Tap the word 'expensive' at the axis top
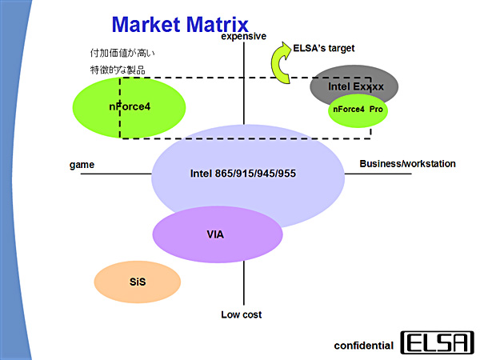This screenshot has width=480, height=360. click(x=244, y=37)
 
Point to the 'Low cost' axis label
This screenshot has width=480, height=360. click(x=242, y=314)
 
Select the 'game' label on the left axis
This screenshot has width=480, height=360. click(x=82, y=165)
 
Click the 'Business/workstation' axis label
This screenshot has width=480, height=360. click(x=407, y=164)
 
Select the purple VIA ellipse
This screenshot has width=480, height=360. click(x=218, y=234)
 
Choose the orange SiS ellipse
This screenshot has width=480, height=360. click(x=138, y=281)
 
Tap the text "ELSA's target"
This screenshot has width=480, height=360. click(x=324, y=49)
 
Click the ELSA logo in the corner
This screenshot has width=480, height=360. click(x=437, y=342)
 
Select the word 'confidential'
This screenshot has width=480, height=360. click(x=363, y=346)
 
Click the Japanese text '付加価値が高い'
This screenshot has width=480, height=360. click(x=123, y=54)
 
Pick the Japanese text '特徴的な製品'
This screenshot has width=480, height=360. click(x=118, y=70)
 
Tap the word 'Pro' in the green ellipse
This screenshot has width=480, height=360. click(x=376, y=108)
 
